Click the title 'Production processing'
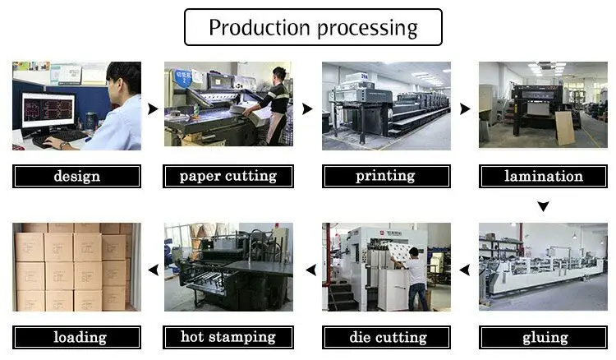pyautogui.click(x=313, y=27)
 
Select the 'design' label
pyautogui.click(x=77, y=176)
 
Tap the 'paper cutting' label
pyautogui.click(x=228, y=176)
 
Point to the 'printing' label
pyautogui.click(x=386, y=176)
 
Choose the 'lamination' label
pyautogui.click(x=543, y=176)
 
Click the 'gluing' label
pyautogui.click(x=545, y=337)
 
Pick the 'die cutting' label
pyautogui.click(x=386, y=337)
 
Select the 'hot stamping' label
pyautogui.click(x=228, y=337)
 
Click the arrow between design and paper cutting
pyautogui.click(x=153, y=108)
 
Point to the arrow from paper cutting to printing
pyautogui.click(x=308, y=108)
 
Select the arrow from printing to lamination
pyautogui.click(x=465, y=108)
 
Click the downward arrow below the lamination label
pyautogui.click(x=543, y=206)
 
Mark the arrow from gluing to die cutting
pyautogui.click(x=464, y=270)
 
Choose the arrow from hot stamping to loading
pyautogui.click(x=153, y=270)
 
